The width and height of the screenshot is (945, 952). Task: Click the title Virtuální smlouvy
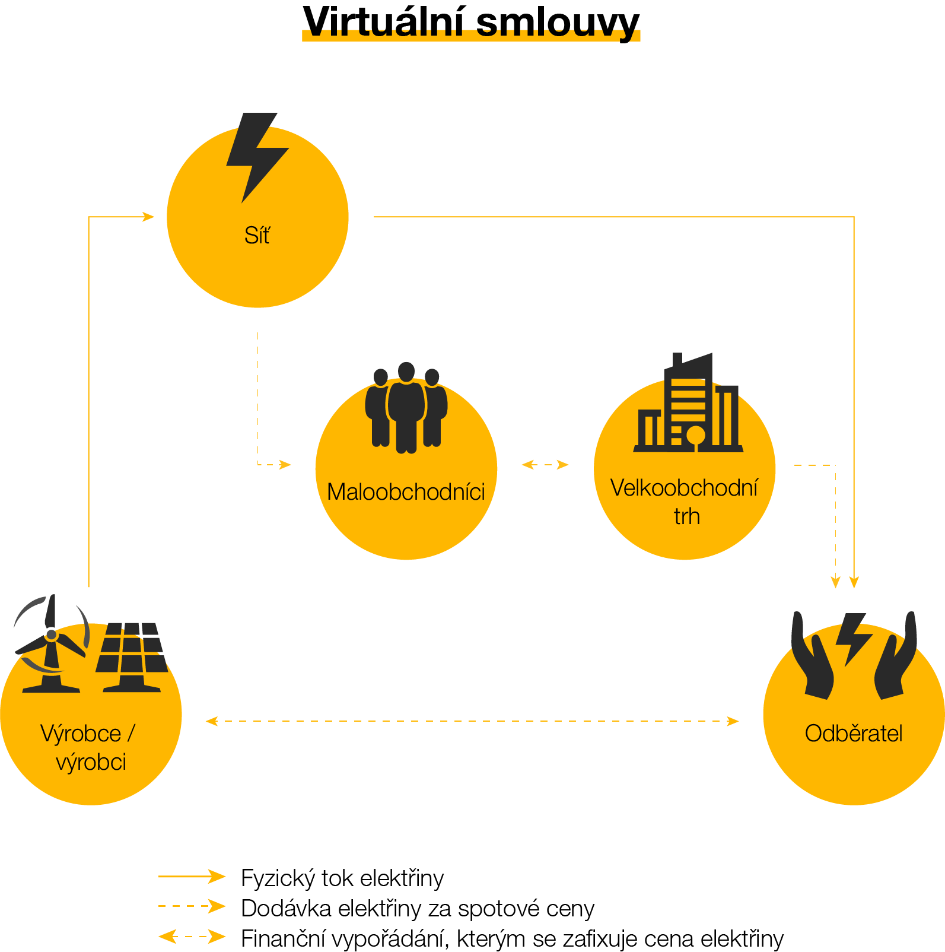click(471, 23)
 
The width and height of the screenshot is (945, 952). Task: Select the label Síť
click(257, 236)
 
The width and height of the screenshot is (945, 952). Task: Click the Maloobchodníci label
click(406, 491)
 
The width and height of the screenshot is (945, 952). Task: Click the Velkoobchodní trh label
click(685, 502)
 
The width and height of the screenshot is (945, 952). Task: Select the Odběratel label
click(853, 734)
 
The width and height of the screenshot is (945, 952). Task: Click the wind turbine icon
click(50, 644)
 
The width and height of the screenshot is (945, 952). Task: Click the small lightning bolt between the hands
click(853, 638)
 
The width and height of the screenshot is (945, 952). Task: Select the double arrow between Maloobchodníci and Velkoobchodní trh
click(545, 465)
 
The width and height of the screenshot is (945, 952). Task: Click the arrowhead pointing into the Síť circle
click(148, 217)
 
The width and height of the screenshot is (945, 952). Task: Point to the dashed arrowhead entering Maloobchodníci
click(285, 465)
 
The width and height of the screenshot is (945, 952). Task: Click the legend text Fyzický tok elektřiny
click(342, 878)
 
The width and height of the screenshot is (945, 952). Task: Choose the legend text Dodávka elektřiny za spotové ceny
click(417, 908)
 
